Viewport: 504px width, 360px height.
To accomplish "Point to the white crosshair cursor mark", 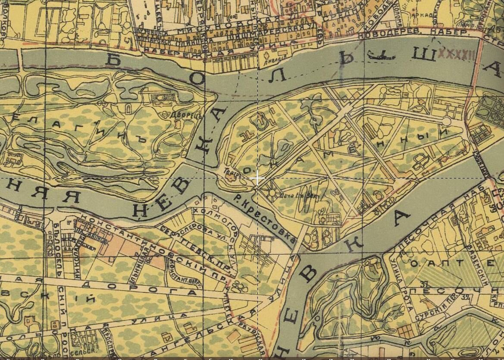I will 257,178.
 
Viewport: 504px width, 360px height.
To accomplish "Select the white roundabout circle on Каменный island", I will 447,122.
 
